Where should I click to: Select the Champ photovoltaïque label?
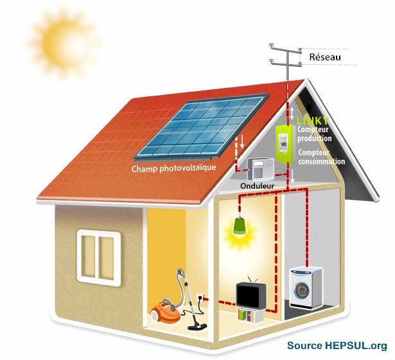[173, 169]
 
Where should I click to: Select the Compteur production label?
[314, 134]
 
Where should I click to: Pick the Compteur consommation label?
[320, 157]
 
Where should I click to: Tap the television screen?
[247, 295]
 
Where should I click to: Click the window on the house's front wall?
[99, 255]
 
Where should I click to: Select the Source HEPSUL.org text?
[337, 346]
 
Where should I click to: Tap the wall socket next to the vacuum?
[200, 300]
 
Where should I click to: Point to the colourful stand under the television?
[247, 315]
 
